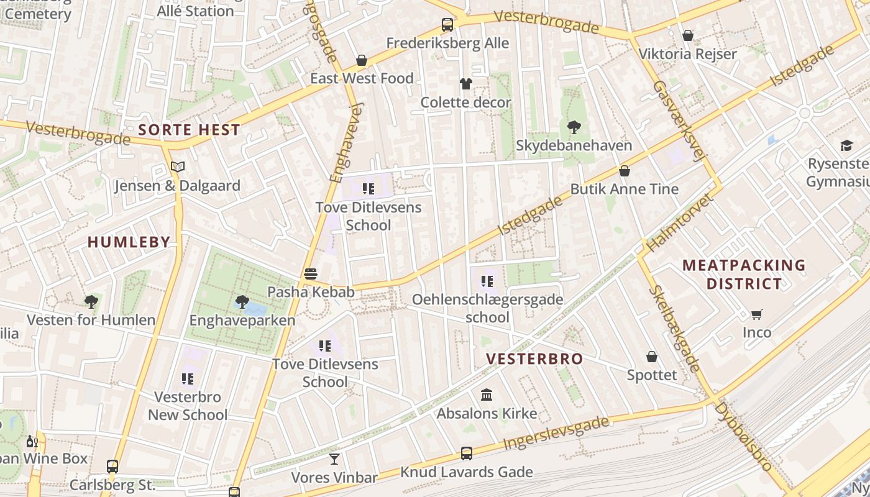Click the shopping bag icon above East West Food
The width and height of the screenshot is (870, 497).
tap(362, 60)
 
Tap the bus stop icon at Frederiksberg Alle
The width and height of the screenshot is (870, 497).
tap(447, 25)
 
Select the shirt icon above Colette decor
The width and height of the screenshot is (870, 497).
tap(465, 84)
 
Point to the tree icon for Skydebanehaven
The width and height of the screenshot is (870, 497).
tap(574, 127)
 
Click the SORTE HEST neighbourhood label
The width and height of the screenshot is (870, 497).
tap(189, 130)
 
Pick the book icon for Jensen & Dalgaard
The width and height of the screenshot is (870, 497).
tap(178, 166)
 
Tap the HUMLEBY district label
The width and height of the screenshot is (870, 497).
tap(129, 242)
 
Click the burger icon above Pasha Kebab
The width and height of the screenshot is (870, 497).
tap(311, 273)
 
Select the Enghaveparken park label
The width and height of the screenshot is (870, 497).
tap(242, 321)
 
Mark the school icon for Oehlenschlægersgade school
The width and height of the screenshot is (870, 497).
tap(487, 281)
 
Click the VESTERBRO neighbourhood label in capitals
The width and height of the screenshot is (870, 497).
tap(534, 358)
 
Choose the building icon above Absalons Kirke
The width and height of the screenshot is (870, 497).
tap(487, 395)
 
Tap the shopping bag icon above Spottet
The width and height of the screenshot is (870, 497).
tap(652, 357)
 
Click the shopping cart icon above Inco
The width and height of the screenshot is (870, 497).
tap(756, 314)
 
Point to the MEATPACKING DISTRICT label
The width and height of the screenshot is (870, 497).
tap(744, 275)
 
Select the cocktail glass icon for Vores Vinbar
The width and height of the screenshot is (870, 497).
tap(334, 459)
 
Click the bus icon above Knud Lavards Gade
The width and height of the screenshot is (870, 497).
tap(467, 454)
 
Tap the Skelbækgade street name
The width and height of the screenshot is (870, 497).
tap(675, 329)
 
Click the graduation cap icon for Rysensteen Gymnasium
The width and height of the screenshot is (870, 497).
tap(846, 145)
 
